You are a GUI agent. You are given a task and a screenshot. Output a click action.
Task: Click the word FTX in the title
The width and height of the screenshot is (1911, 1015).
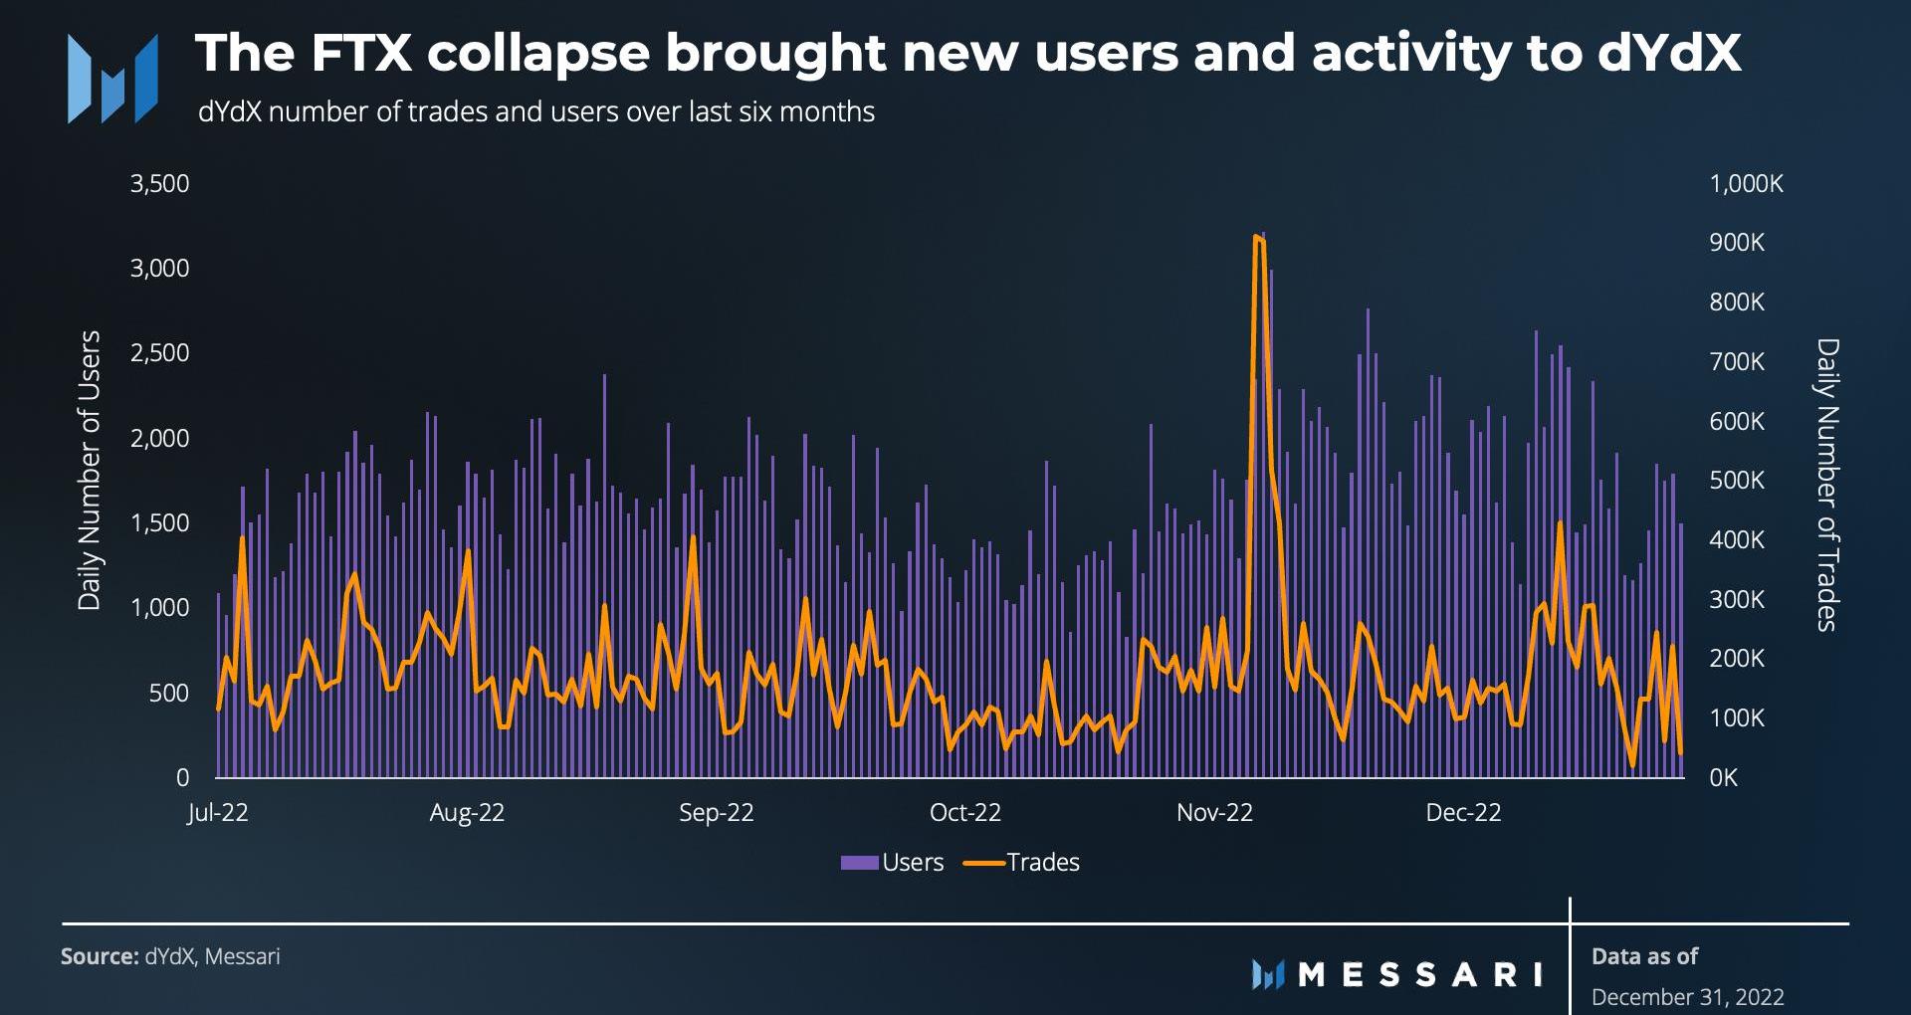point(361,53)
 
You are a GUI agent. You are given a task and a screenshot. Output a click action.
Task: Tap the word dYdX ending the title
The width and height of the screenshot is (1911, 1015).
point(1669,53)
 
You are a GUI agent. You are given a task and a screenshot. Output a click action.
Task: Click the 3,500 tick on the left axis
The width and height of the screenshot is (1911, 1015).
point(159,184)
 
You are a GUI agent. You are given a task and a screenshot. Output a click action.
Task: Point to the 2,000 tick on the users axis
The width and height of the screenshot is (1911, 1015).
point(159,439)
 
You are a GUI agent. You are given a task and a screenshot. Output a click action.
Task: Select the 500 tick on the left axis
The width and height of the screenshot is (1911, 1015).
point(168,694)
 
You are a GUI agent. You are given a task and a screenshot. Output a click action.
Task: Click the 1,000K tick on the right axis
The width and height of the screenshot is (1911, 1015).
point(1746,184)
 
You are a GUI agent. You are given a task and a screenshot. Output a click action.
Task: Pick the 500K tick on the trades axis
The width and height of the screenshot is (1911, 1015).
point(1737,481)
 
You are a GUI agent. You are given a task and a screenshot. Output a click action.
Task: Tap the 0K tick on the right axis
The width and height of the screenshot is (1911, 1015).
point(1724,778)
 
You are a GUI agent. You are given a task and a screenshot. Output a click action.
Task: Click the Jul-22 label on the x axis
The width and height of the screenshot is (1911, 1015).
point(218,813)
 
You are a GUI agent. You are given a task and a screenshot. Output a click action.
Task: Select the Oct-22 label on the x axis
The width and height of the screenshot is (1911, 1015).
point(964,813)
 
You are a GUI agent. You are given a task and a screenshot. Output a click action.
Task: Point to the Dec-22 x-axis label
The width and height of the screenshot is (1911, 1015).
point(1462,813)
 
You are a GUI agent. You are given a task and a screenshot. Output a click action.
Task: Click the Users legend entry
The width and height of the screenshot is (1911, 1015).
point(893,863)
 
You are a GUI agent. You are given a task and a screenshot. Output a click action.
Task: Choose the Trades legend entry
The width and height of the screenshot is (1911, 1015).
point(1023,863)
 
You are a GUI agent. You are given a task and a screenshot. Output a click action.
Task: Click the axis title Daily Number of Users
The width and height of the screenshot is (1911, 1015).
point(90,470)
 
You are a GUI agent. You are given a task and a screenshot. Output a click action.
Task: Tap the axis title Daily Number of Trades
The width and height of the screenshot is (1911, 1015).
point(1827,485)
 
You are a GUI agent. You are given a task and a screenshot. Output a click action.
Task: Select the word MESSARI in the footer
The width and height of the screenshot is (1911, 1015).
point(1420,974)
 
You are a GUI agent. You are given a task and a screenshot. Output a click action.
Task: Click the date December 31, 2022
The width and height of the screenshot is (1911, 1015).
point(1687,996)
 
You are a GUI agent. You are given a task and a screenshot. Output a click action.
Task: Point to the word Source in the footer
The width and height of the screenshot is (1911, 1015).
point(99,957)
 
